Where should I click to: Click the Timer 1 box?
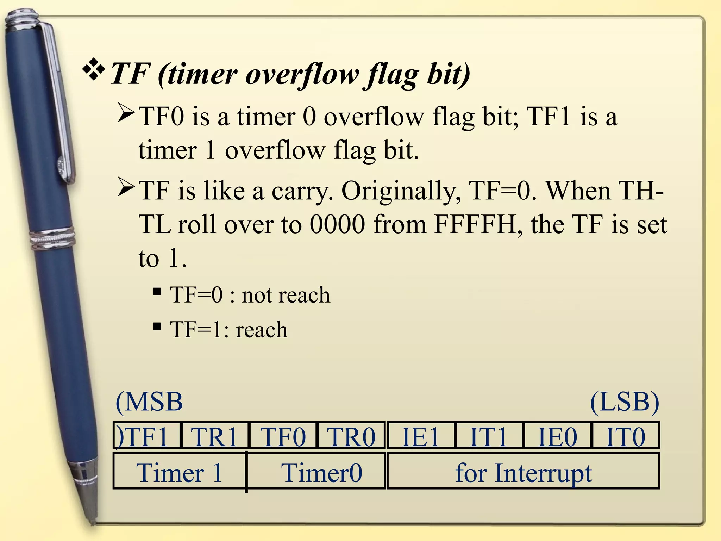coord(180,472)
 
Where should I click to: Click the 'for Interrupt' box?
coord(523,472)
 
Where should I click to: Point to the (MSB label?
coord(149,402)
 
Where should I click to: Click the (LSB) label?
coord(624,402)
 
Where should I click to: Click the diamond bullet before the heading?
coord(93,69)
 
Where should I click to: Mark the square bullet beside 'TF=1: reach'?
coord(157,326)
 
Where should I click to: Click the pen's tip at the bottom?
coord(93,522)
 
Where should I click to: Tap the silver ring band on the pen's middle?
coord(53,238)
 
